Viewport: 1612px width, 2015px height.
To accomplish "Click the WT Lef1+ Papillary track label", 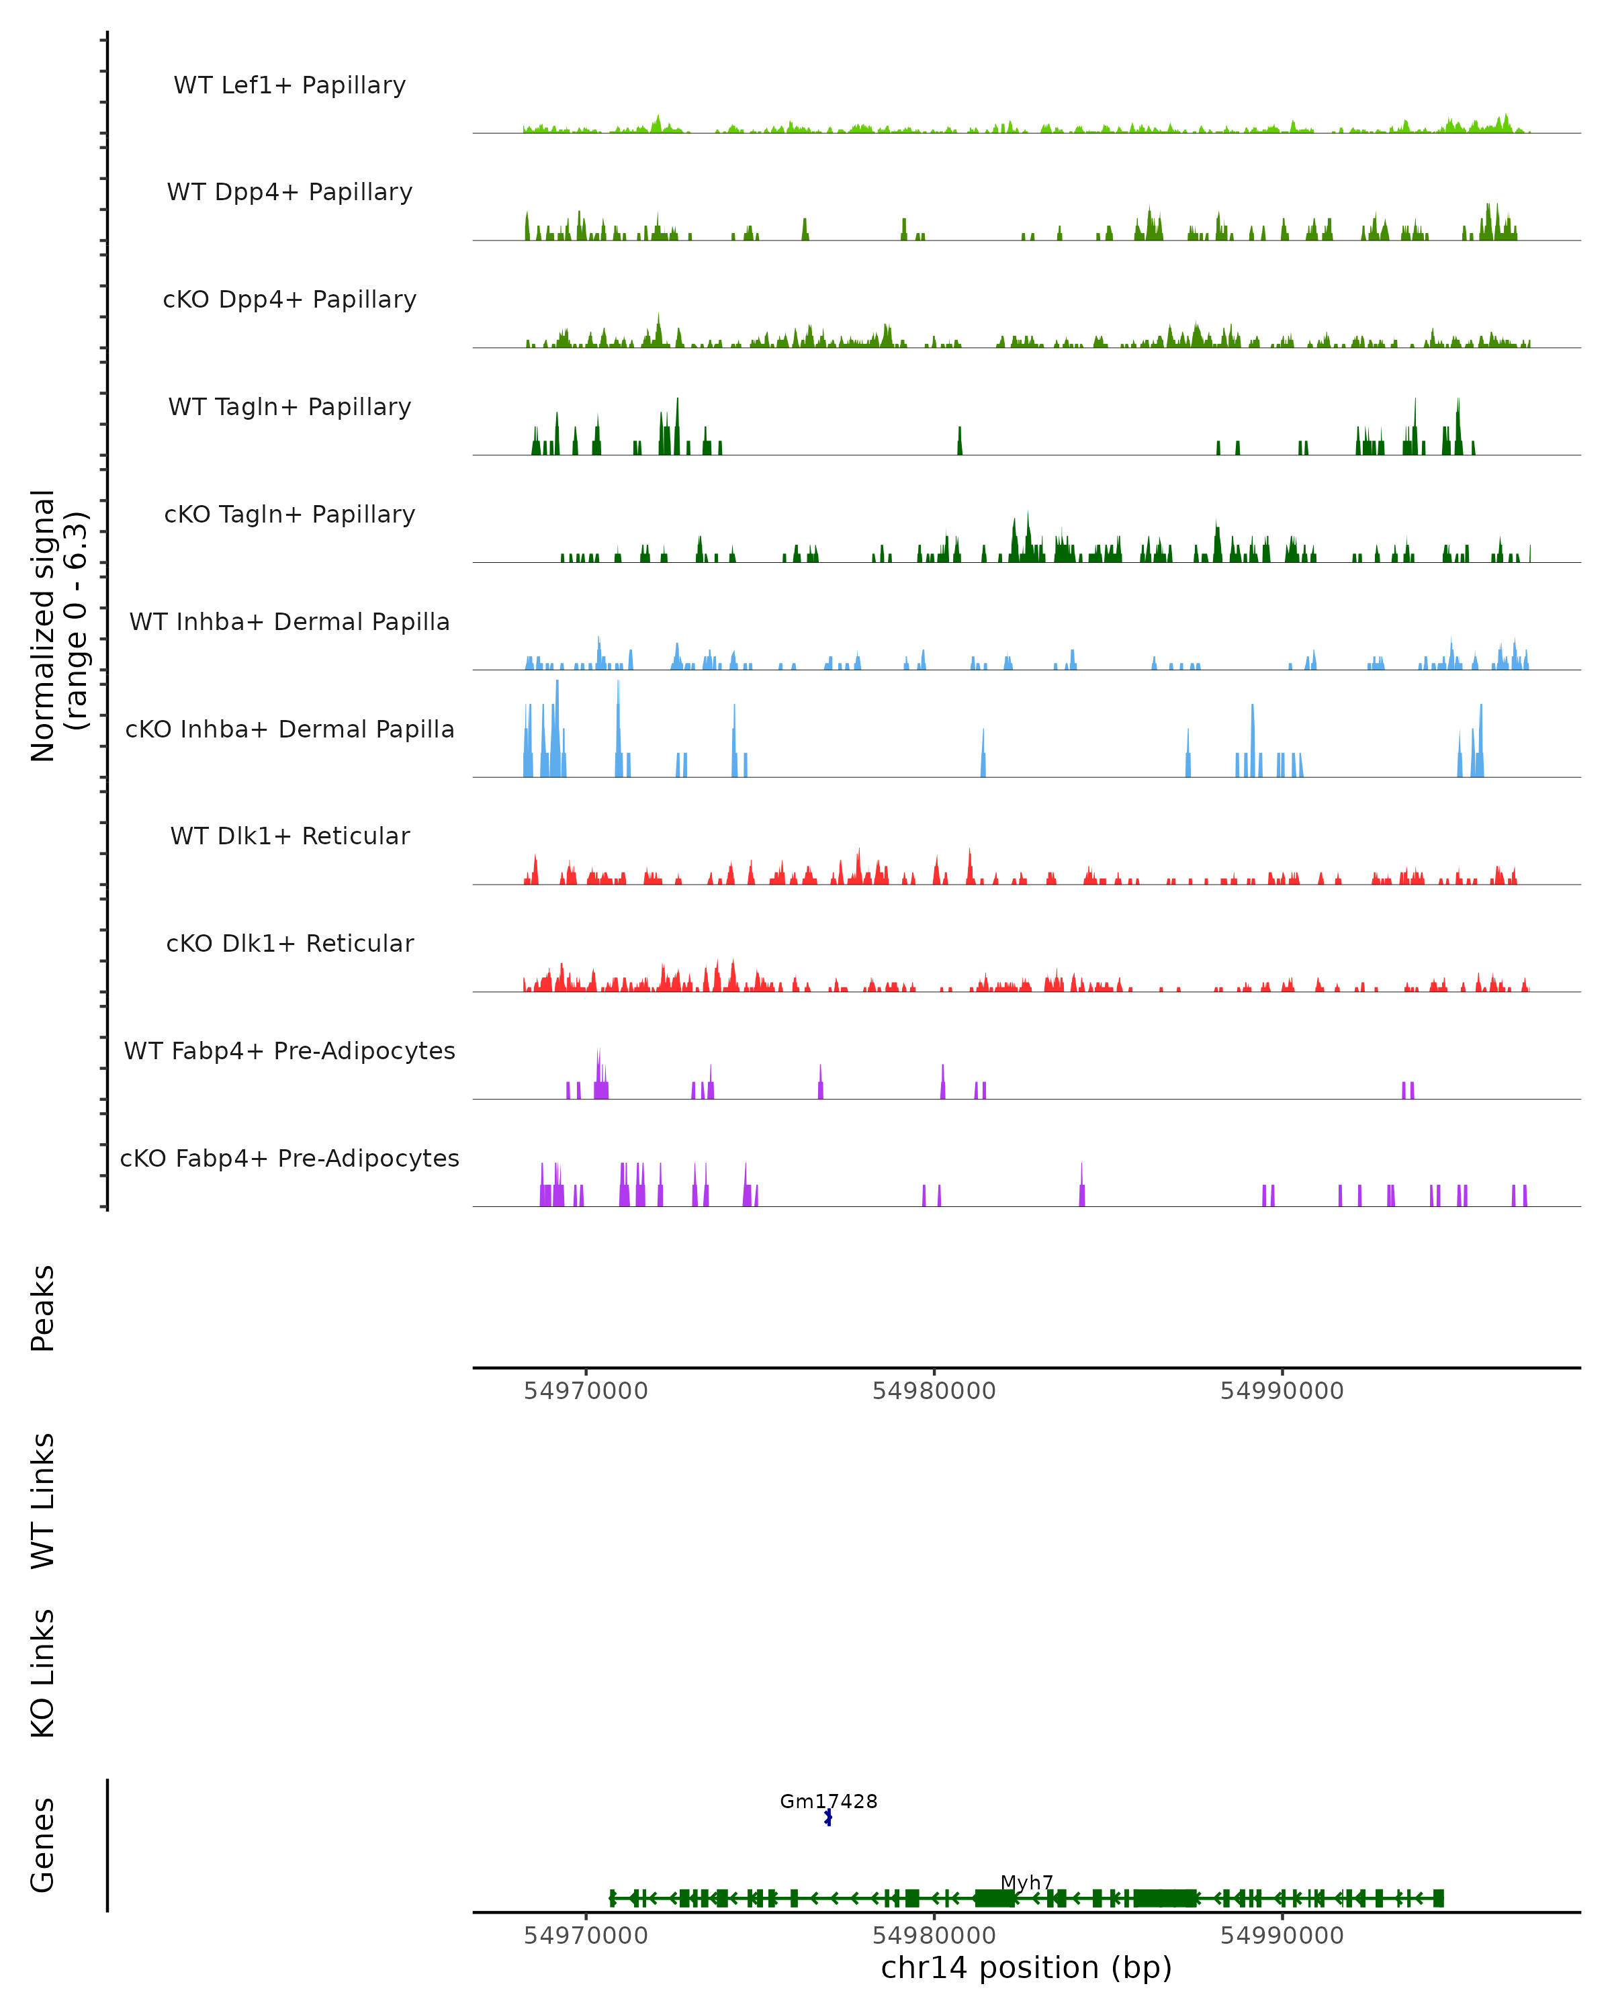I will [289, 85].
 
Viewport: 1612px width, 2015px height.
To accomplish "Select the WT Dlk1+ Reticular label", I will [289, 836].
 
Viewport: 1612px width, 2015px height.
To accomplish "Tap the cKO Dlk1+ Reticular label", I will [289, 943].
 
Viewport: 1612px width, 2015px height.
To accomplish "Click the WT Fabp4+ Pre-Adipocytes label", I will [289, 1050].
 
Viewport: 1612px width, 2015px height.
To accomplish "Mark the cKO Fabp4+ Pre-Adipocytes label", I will [289, 1158].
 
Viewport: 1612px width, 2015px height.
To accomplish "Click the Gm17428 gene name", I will [828, 1801].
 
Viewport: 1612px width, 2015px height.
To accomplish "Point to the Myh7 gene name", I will [1026, 1882].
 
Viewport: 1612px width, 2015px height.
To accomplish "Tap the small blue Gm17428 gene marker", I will [828, 1818].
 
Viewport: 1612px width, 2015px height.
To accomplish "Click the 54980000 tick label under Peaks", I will [934, 1391].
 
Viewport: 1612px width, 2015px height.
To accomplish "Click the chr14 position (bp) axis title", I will [1026, 1968].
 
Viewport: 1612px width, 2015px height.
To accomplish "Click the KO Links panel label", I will [43, 1673].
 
